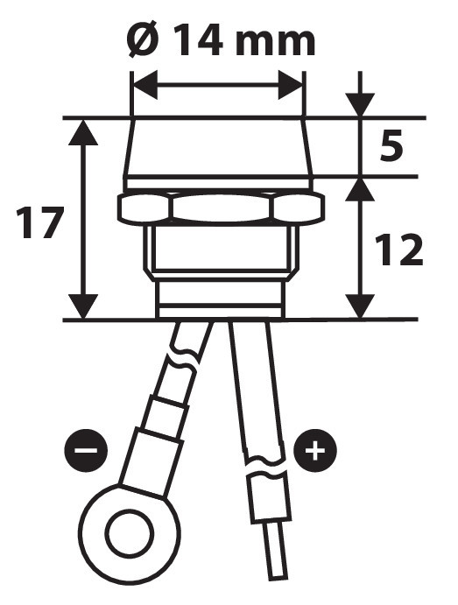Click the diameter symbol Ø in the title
coord(144,39)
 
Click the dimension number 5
coord(391,145)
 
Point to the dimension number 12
coord(399,250)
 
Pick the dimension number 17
coord(39,222)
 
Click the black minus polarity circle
coord(86,450)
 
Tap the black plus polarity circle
coord(315,450)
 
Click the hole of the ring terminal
coord(131,533)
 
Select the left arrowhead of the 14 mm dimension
coord(145,85)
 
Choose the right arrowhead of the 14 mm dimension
coord(290,85)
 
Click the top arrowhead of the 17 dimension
coord(83,132)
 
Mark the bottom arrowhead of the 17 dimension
coord(83,306)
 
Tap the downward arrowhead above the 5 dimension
coord(360,104)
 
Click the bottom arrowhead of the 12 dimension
coord(360,306)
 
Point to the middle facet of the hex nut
coord(221,208)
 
